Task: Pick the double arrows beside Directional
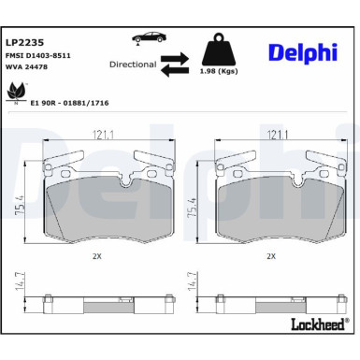point(174,66)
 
